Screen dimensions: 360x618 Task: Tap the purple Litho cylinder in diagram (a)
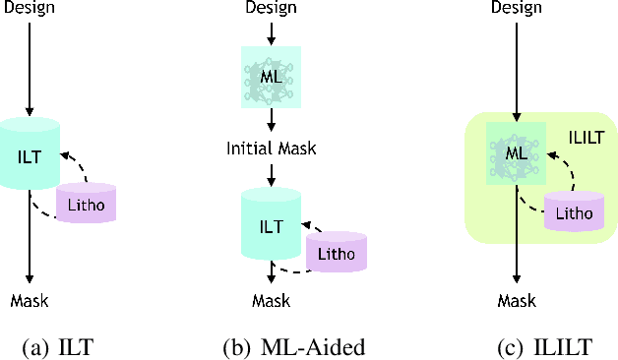pos(87,204)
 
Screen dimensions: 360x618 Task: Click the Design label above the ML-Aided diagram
pos(271,9)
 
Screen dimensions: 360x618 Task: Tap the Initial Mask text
pos(271,149)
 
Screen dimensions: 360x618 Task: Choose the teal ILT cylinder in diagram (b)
pos(271,225)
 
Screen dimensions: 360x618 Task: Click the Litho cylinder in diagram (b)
pos(337,253)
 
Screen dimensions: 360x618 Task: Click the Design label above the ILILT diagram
pos(517,9)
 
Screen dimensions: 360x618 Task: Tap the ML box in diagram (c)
pos(517,153)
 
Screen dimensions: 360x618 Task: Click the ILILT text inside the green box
pos(586,136)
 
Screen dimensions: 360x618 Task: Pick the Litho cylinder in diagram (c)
pos(574,210)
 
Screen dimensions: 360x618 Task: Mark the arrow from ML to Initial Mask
pos(271,120)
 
